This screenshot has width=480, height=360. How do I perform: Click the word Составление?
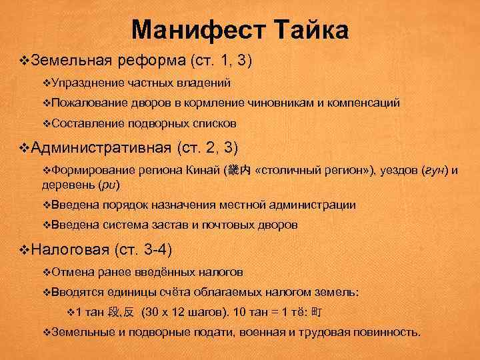(x=83, y=124)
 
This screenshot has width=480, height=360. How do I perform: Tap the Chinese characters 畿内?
(x=239, y=171)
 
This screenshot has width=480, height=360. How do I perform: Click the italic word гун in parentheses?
(x=430, y=171)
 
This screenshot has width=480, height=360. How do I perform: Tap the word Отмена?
(x=71, y=272)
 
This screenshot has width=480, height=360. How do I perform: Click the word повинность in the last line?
(x=386, y=331)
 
